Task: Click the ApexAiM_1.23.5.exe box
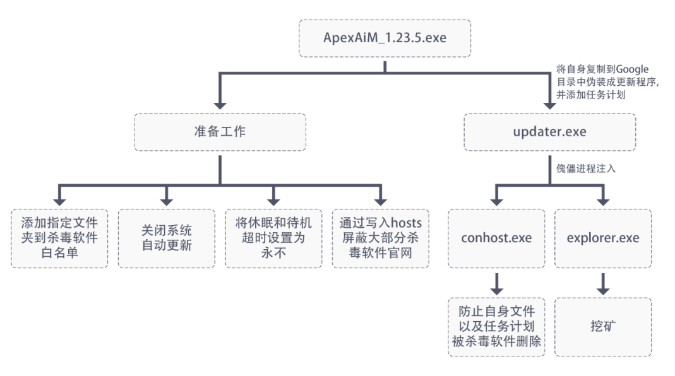385,38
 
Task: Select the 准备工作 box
220,132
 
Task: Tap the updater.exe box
549,132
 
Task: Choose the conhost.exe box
496,238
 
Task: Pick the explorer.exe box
602,238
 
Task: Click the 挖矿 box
602,327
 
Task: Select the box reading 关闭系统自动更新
166,238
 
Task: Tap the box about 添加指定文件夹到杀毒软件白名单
59,238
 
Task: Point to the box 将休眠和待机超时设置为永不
273,238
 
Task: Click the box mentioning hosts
380,238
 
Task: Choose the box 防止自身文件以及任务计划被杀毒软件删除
496,327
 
